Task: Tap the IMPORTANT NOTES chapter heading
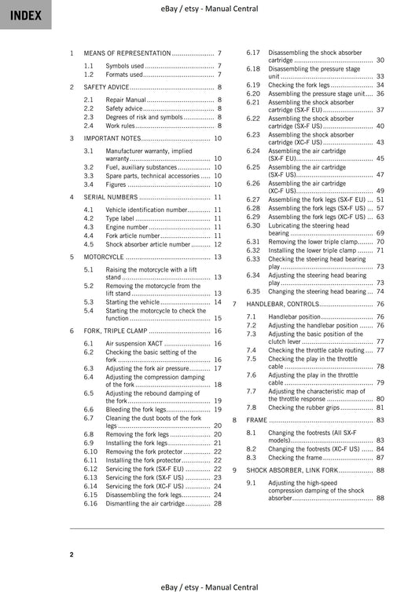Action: [x=112, y=137]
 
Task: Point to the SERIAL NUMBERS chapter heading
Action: [x=111, y=197]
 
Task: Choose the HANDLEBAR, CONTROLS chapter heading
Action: [x=282, y=303]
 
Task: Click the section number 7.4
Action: [x=252, y=350]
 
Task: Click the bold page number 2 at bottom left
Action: [x=72, y=555]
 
